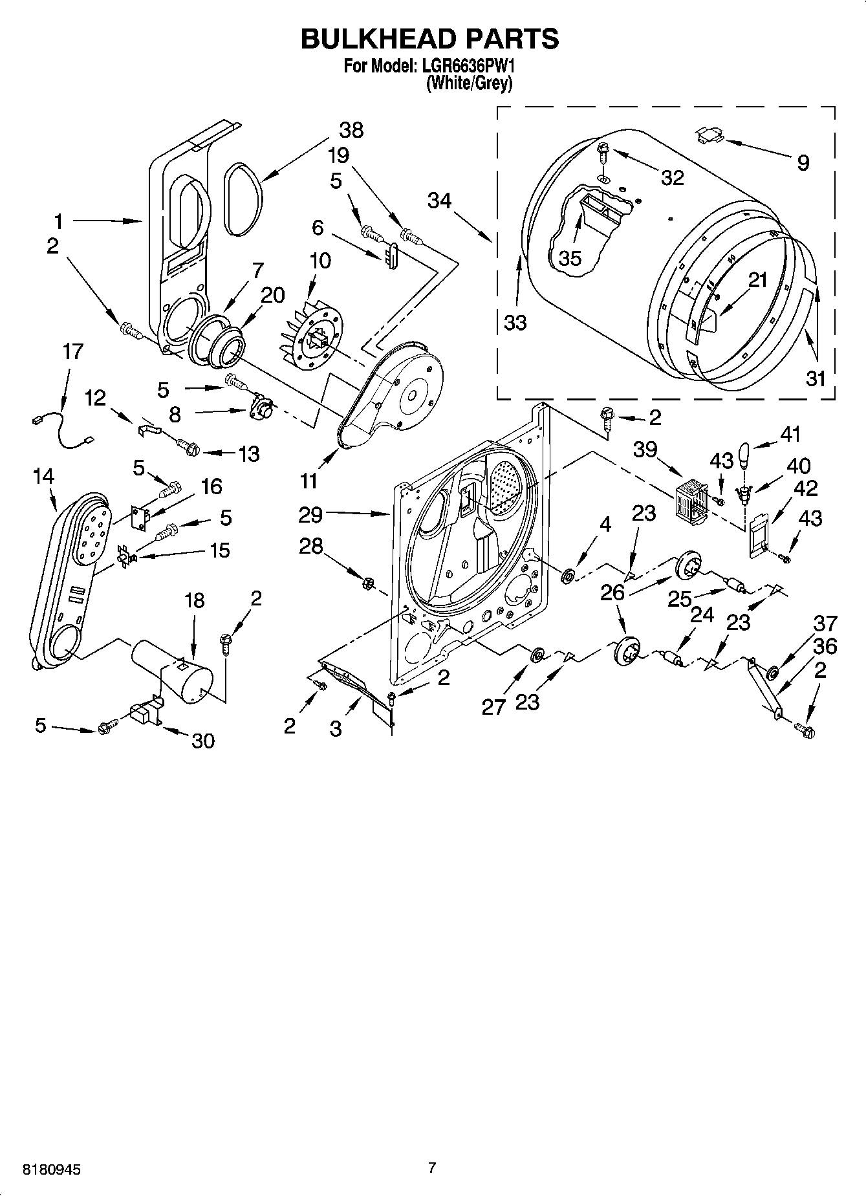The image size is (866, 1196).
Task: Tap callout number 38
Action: point(351,130)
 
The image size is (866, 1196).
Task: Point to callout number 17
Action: point(72,352)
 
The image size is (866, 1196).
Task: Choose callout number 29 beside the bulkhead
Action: point(310,515)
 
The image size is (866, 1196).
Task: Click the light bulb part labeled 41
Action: point(744,457)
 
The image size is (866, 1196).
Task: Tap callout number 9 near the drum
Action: point(803,162)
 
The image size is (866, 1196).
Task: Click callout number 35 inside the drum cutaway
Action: point(570,258)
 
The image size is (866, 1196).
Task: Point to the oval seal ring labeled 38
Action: point(244,198)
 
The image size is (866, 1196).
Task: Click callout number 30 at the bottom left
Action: point(203,741)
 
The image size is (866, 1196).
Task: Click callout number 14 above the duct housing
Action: point(43,476)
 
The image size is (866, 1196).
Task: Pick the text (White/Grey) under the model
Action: point(470,83)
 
